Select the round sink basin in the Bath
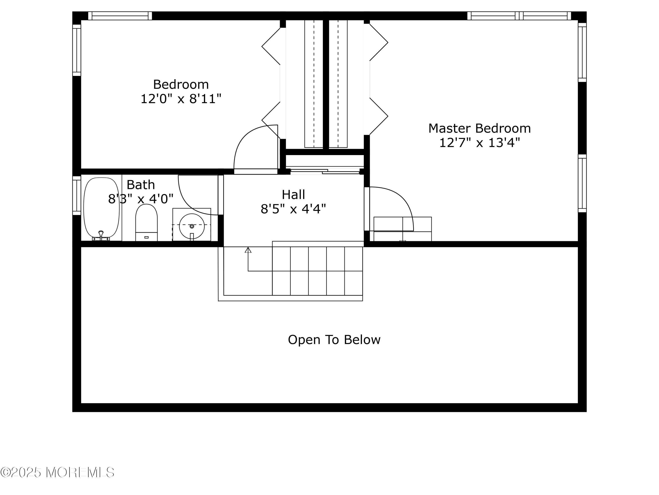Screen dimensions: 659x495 tap(192, 226)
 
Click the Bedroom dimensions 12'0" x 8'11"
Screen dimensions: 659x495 tap(181, 99)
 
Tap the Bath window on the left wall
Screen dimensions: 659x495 tap(77, 195)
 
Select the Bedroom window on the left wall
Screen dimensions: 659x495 tap(77, 50)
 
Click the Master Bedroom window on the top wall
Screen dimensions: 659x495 tap(519, 16)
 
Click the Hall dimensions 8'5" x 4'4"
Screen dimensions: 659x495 tap(293, 209)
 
